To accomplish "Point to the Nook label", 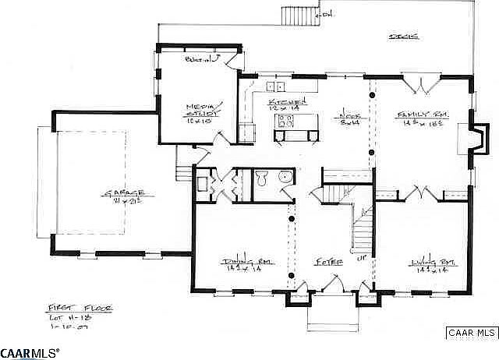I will [348, 114].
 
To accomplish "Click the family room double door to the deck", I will [417, 81].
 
